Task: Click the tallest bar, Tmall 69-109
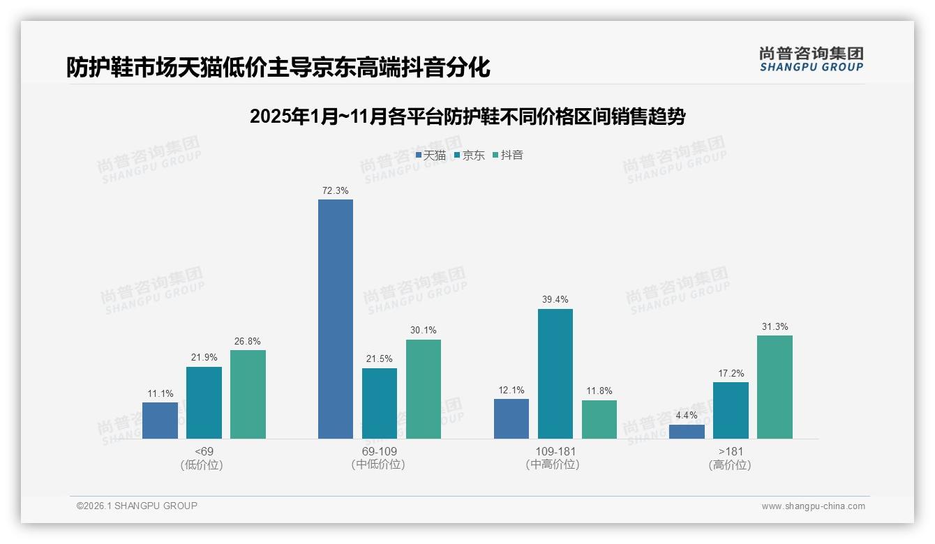[336, 319]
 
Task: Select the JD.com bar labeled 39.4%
[555, 374]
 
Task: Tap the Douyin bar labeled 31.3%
[775, 387]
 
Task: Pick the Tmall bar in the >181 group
[687, 431]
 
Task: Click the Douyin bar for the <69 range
[248, 394]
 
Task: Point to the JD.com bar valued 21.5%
[380, 403]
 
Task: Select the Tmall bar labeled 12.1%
[511, 418]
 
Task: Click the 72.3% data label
[336, 190]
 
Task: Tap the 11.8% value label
[599, 391]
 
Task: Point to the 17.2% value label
[731, 373]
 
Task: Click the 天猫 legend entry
[431, 156]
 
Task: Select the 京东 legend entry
[469, 156]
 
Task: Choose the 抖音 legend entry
[508, 156]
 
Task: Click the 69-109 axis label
[380, 451]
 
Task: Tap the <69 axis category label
[204, 451]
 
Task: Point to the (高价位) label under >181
[730, 464]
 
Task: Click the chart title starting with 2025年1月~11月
[467, 116]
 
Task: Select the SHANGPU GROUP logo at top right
[811, 59]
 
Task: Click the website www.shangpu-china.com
[813, 506]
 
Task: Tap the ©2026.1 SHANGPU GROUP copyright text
[137, 506]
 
